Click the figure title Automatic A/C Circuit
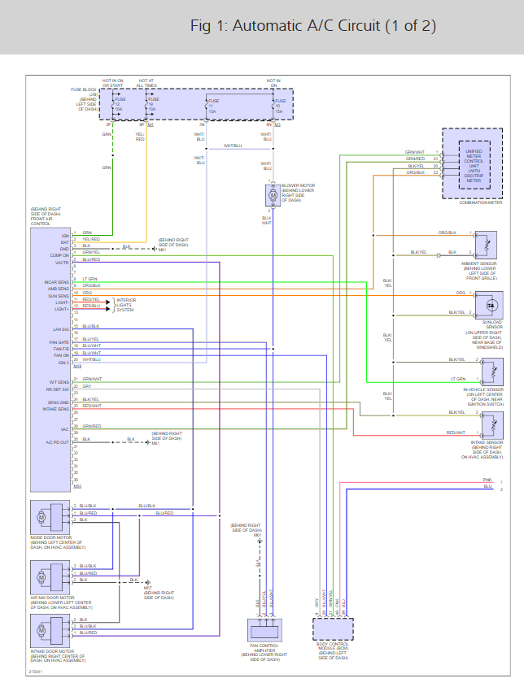pos(313,26)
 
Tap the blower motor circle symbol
pos(273,196)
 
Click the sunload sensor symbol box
pos(491,303)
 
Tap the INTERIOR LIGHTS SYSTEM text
pos(125,305)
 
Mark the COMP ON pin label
pos(59,254)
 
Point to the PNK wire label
pos(487,480)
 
